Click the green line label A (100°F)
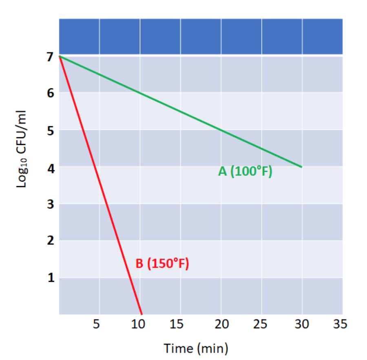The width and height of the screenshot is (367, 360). [245, 171]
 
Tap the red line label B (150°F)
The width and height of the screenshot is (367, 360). [162, 263]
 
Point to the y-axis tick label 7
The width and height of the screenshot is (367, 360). [50, 57]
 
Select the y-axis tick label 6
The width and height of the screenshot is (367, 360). [51, 93]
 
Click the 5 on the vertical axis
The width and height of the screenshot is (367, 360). [51, 131]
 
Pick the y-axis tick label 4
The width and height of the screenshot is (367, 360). [51, 168]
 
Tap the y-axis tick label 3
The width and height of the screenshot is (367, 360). [51, 204]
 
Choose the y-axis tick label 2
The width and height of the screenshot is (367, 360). [51, 240]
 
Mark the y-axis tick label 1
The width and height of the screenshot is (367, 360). [51, 277]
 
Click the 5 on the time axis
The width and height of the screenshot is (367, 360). [96, 324]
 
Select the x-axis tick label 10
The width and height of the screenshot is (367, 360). [138, 324]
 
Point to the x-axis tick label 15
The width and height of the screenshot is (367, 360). [177, 324]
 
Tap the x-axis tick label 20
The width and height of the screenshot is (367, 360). [221, 324]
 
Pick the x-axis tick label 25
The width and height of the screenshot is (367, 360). [260, 324]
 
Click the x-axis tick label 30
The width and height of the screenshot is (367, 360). [302, 324]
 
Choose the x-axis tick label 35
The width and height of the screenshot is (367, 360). [340, 324]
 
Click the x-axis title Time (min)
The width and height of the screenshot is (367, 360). [196, 349]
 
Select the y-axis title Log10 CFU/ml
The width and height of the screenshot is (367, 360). [22, 149]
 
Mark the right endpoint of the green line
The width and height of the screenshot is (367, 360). [302, 167]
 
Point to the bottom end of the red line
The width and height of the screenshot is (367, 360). [141, 314]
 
